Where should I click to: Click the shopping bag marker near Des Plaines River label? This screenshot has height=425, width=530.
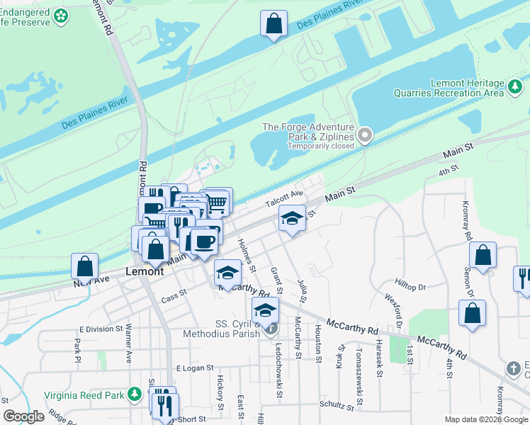[274, 23]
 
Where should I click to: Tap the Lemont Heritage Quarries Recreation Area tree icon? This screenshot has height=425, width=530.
[515, 92]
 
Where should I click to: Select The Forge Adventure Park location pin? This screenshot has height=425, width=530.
[365, 135]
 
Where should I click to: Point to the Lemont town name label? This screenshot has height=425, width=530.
[145, 271]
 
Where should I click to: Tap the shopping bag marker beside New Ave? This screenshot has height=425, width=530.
[84, 267]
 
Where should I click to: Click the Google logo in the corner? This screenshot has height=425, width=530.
[23, 416]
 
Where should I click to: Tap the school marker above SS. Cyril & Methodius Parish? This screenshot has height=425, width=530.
[266, 310]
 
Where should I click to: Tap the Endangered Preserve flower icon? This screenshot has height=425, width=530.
[61, 14]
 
